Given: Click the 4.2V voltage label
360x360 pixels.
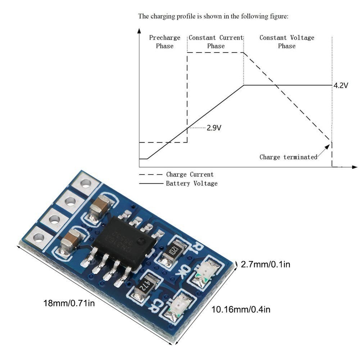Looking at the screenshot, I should click(341, 86).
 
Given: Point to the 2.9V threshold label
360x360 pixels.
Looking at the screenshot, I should click(214, 128).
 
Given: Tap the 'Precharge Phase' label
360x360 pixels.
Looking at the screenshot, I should click(165, 42).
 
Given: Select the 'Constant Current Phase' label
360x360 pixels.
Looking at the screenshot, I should click(216, 42).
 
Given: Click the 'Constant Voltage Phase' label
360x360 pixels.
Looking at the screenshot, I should click(287, 42).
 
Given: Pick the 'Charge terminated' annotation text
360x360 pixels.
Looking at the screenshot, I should click(288, 157).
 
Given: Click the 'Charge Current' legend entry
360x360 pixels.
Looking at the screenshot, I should click(190, 175).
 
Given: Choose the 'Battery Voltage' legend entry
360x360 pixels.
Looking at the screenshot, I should click(192, 184).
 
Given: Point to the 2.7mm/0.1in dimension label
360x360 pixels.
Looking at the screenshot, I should click(266, 265).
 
